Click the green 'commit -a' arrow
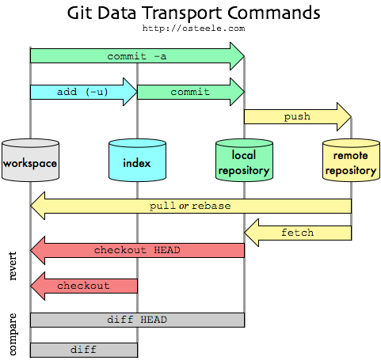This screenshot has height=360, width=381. point(136,56)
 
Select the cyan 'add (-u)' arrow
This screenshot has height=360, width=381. point(83,92)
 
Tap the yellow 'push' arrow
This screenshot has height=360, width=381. point(297,116)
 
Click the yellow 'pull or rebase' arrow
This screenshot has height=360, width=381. point(190,206)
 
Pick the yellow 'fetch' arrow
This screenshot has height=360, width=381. point(298,233)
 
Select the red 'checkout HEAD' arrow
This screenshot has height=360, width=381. point(137,250)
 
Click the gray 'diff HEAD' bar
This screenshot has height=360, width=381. point(137,320)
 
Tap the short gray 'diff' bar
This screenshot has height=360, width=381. point(83,349)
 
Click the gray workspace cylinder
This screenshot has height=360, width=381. point(30,161)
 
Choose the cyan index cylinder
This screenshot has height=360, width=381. point(137,161)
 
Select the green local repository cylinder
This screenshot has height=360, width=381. point(244,161)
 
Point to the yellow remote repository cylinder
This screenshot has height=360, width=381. point(350,161)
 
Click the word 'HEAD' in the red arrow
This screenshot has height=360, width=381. point(166,250)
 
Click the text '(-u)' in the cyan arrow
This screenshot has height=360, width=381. point(96,92)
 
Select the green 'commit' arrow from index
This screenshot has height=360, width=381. point(190,92)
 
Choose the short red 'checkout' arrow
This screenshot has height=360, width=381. point(83,285)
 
